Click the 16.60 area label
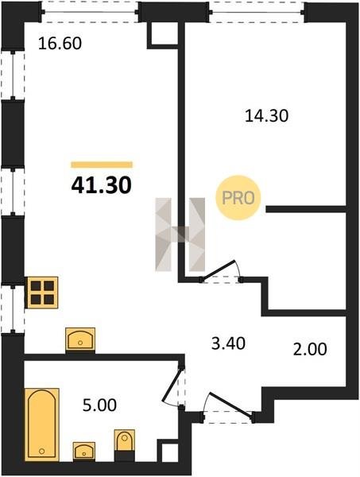(60, 43)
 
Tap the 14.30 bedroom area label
(266, 116)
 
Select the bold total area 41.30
(101, 185)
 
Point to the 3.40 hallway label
(228, 343)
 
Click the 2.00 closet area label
(310, 349)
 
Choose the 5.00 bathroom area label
(99, 405)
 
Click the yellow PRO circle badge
(238, 198)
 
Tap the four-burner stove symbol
(42, 293)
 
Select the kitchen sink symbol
(80, 339)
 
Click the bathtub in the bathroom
(42, 424)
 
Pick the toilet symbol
(124, 441)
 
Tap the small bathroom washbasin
(84, 451)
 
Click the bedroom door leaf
(219, 270)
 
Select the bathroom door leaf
(173, 384)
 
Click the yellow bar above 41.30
(102, 165)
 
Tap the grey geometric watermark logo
(180, 235)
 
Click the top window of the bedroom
(257, 12)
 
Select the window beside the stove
(13, 308)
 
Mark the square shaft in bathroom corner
(167, 450)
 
